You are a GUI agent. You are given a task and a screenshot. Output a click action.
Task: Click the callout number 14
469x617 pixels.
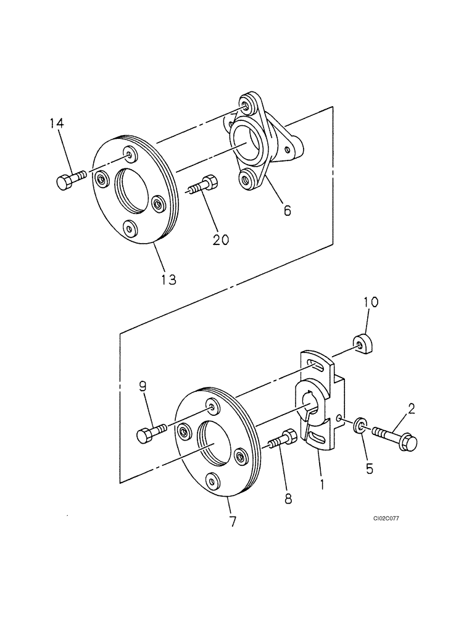(x=57, y=124)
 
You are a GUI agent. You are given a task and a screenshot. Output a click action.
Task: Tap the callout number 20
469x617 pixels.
(x=220, y=239)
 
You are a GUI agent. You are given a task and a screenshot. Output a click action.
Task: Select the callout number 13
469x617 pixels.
(x=168, y=280)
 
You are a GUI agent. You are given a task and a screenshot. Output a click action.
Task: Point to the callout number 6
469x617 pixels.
(x=288, y=210)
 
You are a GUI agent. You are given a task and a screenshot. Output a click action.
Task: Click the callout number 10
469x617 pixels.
(x=370, y=303)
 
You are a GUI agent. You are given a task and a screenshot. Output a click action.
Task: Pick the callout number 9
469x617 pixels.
(x=142, y=387)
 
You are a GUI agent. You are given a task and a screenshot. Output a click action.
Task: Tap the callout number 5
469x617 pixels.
(x=369, y=468)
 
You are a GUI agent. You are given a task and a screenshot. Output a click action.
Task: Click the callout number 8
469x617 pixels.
(x=288, y=498)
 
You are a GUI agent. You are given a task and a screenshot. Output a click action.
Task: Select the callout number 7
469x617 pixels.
(x=233, y=521)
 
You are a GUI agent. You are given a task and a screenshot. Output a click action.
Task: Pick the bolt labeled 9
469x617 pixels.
(x=151, y=432)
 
